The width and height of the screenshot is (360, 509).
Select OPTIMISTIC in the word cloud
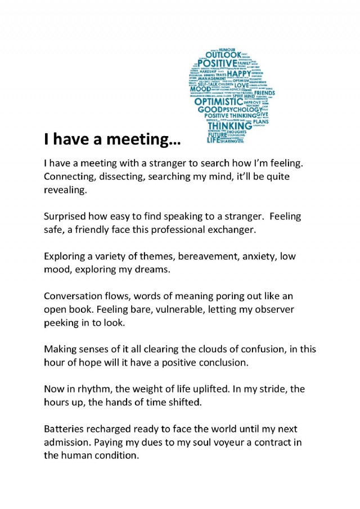coord(219,102)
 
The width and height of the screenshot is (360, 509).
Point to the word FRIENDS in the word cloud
coord(264,93)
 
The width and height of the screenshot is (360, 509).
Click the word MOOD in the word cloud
coord(200,89)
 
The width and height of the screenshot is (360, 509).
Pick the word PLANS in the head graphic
coord(260,121)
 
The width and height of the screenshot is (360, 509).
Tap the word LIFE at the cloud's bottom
coord(213,141)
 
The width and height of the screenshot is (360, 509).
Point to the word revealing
coord(65,191)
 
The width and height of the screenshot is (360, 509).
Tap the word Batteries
coord(65,429)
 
